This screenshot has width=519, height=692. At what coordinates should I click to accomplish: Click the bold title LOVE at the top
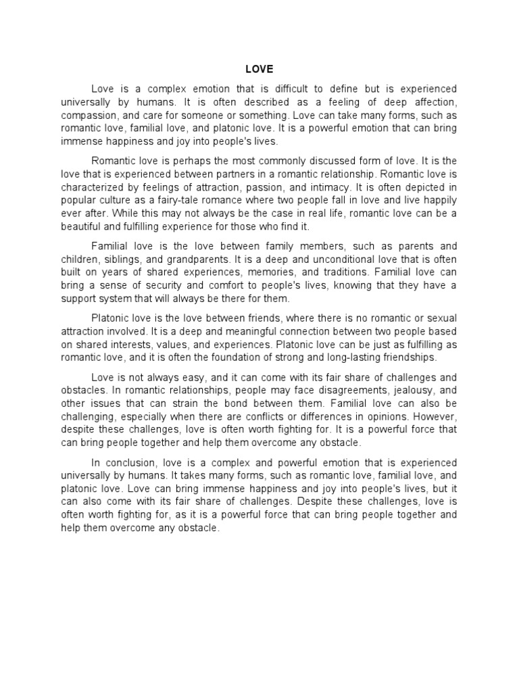(x=259, y=68)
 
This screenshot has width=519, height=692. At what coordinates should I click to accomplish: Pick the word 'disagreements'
(x=332, y=390)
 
